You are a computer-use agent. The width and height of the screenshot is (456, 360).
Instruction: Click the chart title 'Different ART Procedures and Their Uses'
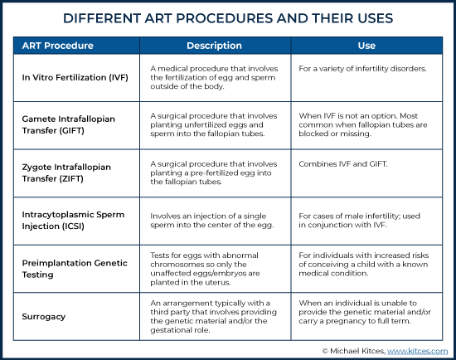[x=228, y=18]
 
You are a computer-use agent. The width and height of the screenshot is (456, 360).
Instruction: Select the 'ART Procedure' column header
[x=57, y=46]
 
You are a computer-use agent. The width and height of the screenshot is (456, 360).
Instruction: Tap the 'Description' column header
[x=215, y=46]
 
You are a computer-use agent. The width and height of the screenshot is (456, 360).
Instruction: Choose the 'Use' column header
[x=366, y=46]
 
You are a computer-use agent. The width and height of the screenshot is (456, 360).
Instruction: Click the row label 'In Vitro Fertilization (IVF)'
[x=75, y=77]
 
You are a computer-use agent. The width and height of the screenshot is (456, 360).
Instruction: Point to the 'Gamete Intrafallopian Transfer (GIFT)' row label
[x=68, y=124]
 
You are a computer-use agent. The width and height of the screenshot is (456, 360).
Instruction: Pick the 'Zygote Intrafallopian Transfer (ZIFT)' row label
[x=66, y=173]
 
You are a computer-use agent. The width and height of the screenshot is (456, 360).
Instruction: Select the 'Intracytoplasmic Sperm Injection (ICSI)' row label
[x=73, y=221]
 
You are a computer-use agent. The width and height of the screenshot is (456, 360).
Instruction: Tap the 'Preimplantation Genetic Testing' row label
[x=75, y=269]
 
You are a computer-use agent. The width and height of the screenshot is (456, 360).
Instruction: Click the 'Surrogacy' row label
[x=44, y=317]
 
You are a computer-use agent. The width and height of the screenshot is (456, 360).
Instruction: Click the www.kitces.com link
[x=417, y=351]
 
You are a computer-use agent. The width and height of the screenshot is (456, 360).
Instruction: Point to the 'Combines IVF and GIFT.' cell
[x=343, y=164]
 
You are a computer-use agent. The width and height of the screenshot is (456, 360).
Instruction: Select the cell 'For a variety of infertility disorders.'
[x=362, y=69]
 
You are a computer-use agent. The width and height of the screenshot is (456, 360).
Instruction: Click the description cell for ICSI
[x=212, y=221]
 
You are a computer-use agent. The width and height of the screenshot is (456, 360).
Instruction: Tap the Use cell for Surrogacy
[x=365, y=312]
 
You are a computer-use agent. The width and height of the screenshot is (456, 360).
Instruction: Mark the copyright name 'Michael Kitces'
[x=357, y=351]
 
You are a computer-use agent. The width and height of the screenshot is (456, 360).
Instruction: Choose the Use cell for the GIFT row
[x=363, y=125]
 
